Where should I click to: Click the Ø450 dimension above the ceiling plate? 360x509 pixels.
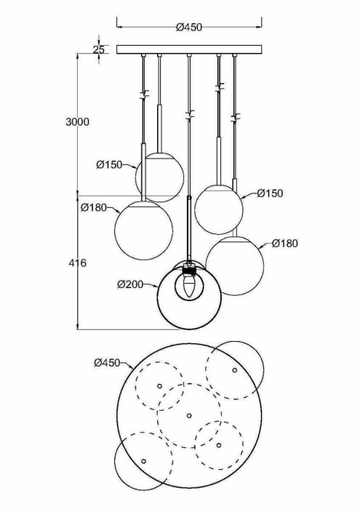point(188,28)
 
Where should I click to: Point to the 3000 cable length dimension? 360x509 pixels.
point(76,121)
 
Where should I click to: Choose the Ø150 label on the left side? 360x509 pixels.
point(109,164)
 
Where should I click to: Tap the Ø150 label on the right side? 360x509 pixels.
point(270,193)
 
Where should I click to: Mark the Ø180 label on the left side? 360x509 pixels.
point(94,208)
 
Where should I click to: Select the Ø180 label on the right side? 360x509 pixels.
point(285,243)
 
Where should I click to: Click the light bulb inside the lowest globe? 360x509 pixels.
point(189,286)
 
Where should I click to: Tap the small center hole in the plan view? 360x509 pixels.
point(188,415)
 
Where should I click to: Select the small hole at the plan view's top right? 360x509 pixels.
point(234,371)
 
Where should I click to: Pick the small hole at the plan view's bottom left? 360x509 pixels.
point(143,461)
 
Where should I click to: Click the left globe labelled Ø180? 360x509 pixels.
point(144,230)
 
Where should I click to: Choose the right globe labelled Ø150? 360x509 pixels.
point(218,209)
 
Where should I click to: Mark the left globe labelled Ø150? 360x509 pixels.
point(159,177)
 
